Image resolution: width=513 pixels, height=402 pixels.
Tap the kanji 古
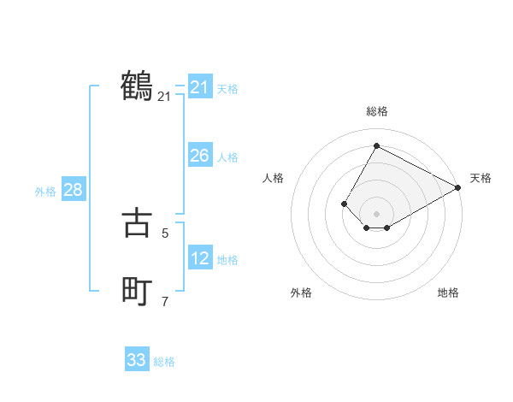[137, 222]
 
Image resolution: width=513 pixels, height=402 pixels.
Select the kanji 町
[137, 292]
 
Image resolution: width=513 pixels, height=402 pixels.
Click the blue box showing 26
[199, 156]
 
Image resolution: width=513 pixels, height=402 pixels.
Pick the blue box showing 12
[199, 257]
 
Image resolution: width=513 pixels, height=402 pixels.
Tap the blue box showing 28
[73, 190]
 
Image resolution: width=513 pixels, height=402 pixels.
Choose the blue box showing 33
[137, 360]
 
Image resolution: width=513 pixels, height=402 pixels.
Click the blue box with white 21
[199, 87]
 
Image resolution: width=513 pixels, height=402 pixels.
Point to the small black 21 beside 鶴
[164, 98]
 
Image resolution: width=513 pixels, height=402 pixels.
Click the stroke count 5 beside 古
[164, 233]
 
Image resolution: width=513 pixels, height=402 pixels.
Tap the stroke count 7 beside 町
[164, 301]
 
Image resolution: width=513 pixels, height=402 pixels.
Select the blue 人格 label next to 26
[227, 157]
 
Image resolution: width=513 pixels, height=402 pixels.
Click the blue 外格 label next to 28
[45, 192]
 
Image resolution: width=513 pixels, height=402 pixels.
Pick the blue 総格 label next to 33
[164, 362]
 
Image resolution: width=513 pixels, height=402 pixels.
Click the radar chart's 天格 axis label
[481, 178]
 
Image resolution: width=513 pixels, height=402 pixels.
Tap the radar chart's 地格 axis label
[448, 293]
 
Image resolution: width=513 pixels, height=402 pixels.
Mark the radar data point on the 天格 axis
[458, 187]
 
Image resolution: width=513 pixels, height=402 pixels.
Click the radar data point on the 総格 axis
[376, 145]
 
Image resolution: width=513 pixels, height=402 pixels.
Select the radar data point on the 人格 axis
[344, 204]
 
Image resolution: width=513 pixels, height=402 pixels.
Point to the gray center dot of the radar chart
[376, 214]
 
